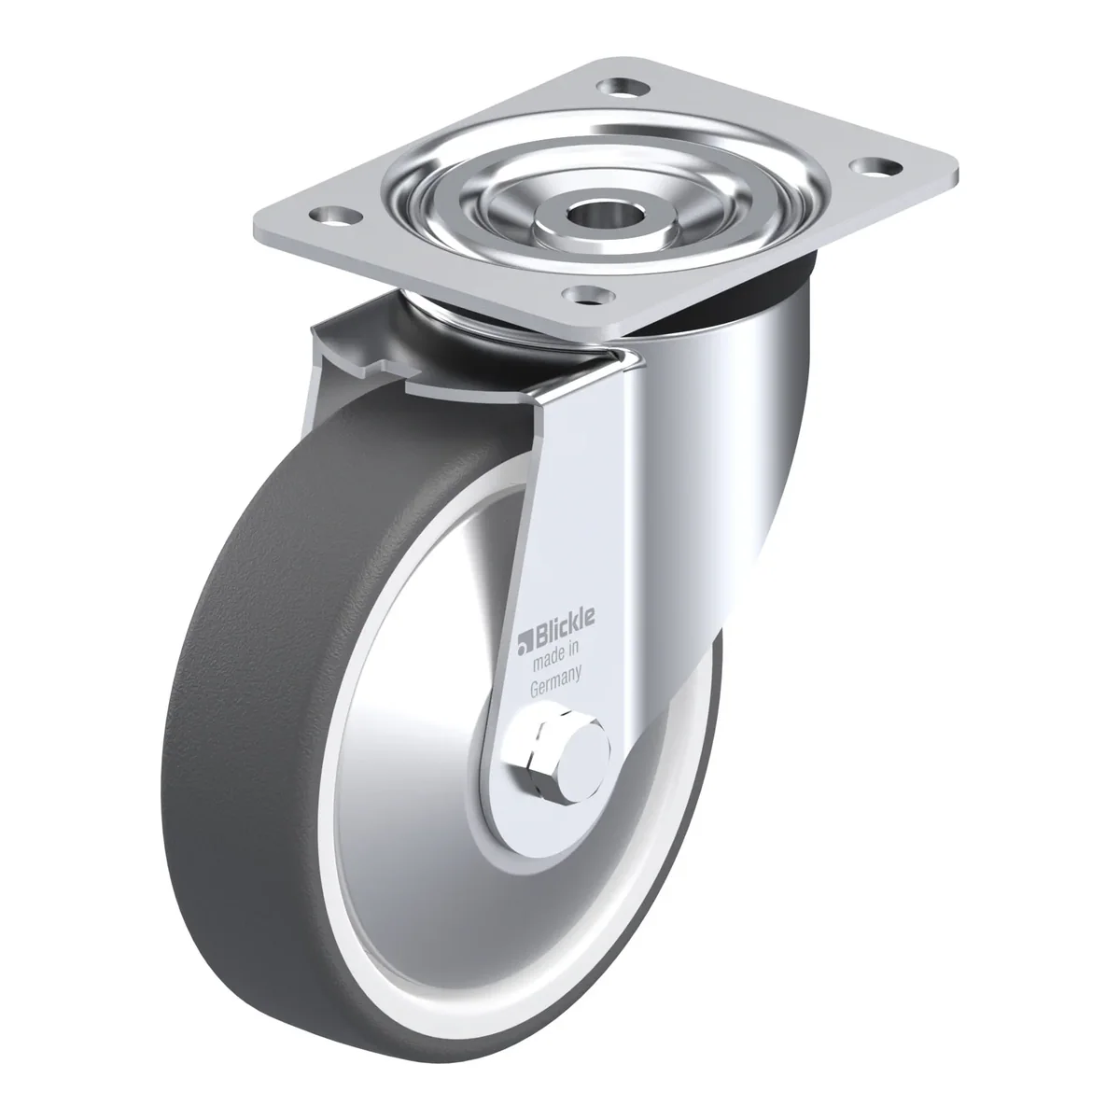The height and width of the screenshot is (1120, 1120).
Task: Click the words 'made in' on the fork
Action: tap(555, 656)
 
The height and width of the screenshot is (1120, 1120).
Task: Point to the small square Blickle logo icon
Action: tap(525, 642)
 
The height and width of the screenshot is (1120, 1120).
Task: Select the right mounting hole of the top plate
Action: tap(875, 166)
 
